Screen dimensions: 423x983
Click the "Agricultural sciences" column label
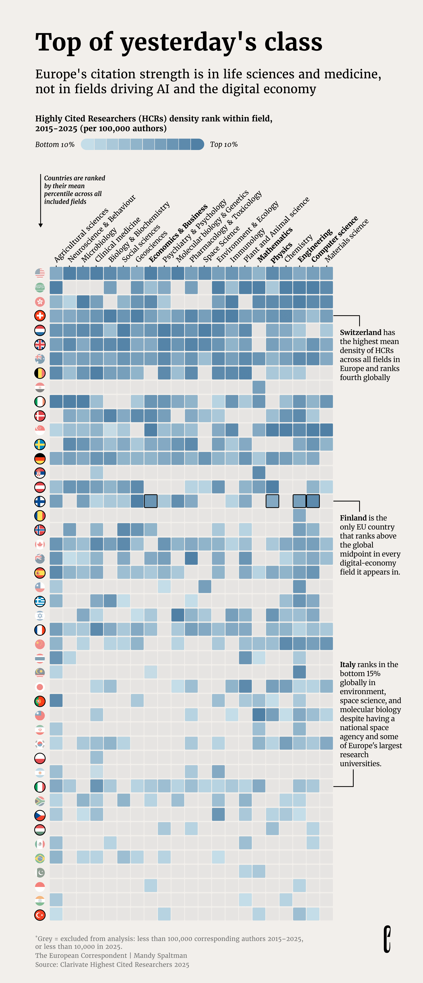point(81,235)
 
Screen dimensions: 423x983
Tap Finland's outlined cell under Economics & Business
point(151,501)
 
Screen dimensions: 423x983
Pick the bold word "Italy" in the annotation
point(348,664)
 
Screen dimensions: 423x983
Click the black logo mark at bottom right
point(387,939)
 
